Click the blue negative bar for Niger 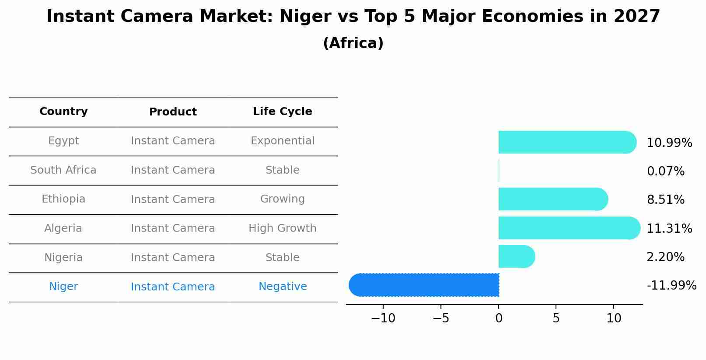[424, 285]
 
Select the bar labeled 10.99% [567, 142]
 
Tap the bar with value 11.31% [569, 228]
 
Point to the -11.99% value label [671, 286]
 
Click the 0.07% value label [665, 171]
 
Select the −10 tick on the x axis [383, 318]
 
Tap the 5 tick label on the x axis [556, 318]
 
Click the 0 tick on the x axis [499, 318]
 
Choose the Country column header [63, 112]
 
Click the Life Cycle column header [282, 112]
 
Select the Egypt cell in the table [63, 141]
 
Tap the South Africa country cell [63, 170]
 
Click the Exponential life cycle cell [282, 141]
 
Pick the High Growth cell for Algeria [282, 228]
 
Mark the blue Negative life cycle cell [282, 287]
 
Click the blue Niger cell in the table [63, 287]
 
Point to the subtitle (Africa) [353, 43]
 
